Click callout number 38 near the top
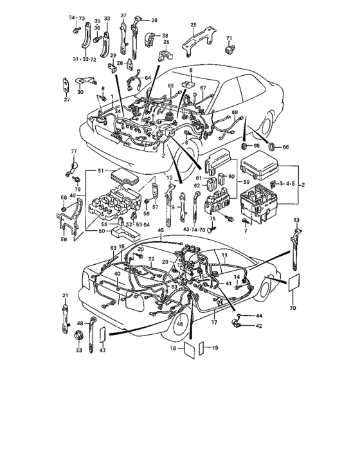coord(154,21)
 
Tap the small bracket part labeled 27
coord(67,86)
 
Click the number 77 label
coord(73,152)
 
